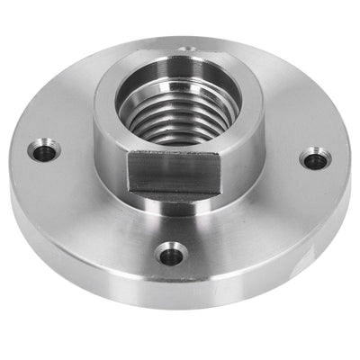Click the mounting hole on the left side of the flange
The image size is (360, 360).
43,151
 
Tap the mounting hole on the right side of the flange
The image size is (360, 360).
312,160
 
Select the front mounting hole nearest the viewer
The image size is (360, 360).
171,255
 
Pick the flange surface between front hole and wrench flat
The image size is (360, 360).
171,220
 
